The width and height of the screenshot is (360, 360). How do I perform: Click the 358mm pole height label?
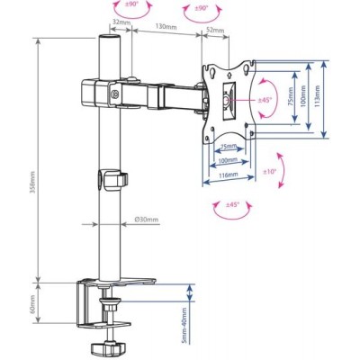click(32, 182)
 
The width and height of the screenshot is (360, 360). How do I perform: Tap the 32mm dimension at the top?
click(119, 22)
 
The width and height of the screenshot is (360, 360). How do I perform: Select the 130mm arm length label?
click(166, 26)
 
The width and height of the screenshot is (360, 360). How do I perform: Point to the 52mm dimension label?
click(215, 30)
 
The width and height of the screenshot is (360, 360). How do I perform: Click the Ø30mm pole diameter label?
click(147, 220)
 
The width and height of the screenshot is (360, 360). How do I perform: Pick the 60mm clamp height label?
click(32, 303)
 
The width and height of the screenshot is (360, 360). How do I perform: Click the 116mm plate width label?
click(229, 175)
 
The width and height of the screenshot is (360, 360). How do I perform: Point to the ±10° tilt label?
click(270, 172)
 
